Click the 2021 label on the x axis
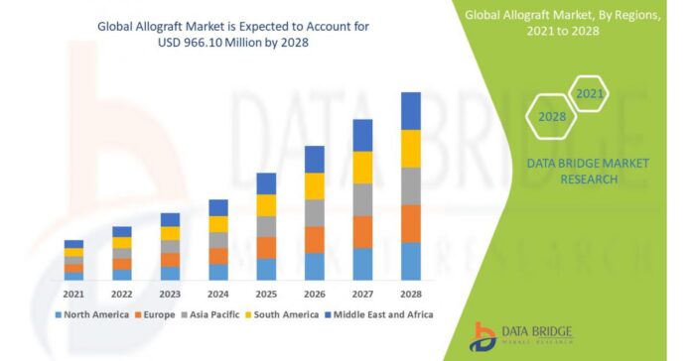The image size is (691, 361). tap(73, 294)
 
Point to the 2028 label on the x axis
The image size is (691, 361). tap(411, 294)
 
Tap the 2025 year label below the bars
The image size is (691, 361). tap(266, 294)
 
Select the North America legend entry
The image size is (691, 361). tap(92, 314)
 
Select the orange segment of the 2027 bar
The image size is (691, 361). tap(362, 231)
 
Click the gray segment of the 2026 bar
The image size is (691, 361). tap(315, 212)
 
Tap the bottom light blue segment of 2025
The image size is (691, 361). tap(266, 269)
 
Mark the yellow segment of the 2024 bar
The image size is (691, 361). tap(218, 224)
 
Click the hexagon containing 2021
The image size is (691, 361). tap(589, 94)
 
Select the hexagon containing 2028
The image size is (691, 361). tap(552, 117)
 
